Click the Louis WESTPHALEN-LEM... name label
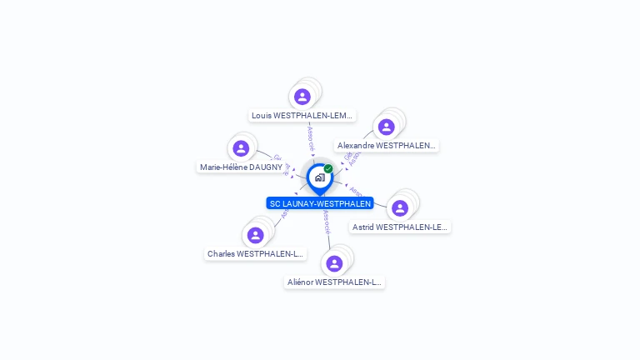pos(302,116)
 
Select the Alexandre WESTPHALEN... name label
pos(386,146)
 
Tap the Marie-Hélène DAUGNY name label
pos(241,167)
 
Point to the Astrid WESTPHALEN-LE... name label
pos(400,227)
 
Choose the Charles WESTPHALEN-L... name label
pos(256,253)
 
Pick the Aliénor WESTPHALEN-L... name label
pos(334,282)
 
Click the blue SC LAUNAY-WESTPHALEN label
pos(320,203)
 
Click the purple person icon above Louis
pos(302,97)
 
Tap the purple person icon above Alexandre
pos(386,127)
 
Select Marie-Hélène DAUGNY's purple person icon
pos(241,148)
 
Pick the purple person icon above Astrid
pos(400,207)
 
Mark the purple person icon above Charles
pos(256,235)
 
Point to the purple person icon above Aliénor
pos(334,263)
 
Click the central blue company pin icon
pos(319,177)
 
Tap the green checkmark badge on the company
pos(328,169)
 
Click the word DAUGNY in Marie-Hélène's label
pos(267,167)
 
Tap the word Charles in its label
pos(221,253)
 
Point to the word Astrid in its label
pos(363,227)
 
